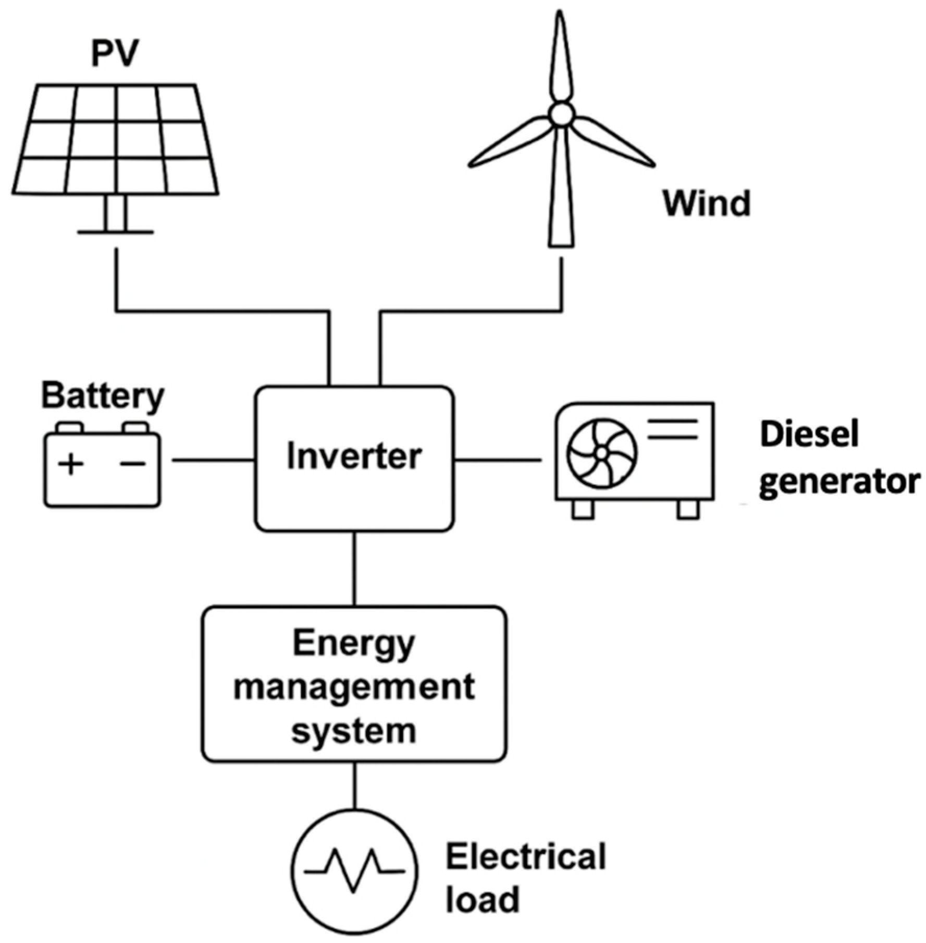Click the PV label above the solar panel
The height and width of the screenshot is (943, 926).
tap(115, 54)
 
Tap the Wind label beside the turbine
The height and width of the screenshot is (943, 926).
tap(706, 204)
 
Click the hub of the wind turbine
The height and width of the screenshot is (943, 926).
tap(561, 114)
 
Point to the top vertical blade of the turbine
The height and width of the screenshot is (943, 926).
tap(560, 57)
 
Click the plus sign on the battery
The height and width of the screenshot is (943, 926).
tap(71, 463)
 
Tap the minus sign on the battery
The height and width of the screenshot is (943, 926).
tap(133, 463)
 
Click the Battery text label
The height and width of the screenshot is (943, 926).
tap(103, 397)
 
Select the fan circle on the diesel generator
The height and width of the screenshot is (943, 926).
tap(601, 453)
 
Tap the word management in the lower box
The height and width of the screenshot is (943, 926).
tap(354, 688)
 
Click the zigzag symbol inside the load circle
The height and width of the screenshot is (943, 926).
tap(354, 870)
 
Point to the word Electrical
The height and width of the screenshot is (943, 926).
tap(525, 857)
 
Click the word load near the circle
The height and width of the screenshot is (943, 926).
tap(483, 899)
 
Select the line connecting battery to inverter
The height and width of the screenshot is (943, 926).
tap(214, 460)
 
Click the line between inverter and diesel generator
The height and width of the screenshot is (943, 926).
tap(498, 460)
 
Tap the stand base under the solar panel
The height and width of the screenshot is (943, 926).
tap(115, 232)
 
